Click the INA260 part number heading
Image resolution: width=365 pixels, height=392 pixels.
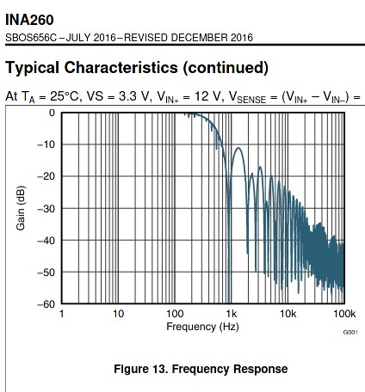tap(29, 20)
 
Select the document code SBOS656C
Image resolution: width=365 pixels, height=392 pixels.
tap(31, 38)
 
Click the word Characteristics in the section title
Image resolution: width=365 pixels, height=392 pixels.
tap(121, 68)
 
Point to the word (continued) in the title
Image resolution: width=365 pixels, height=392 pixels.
tap(226, 68)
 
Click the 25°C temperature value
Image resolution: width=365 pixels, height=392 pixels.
tap(65, 96)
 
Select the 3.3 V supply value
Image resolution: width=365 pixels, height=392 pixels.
tap(134, 96)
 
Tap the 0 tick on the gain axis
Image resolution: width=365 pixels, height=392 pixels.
tap(52, 113)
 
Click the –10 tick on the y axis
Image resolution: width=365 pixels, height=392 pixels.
tap(46, 144)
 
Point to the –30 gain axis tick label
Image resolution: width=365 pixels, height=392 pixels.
tap(46, 209)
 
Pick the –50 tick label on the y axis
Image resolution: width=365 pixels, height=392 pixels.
tap(46, 273)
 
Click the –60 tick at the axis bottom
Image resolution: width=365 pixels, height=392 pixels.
tap(46, 303)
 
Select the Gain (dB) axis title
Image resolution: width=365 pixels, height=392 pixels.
tap(21, 208)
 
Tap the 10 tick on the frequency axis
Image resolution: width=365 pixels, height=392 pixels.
tap(118, 314)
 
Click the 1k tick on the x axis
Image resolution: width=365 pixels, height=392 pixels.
tap(232, 314)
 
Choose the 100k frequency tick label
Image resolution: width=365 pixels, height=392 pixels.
tap(344, 314)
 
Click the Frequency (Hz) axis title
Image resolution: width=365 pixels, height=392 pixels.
tap(202, 327)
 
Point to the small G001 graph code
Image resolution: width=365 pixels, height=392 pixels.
tap(350, 332)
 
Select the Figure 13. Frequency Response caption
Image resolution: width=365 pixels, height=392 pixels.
tap(201, 369)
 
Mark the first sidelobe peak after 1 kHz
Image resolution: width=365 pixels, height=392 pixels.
tap(238, 148)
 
